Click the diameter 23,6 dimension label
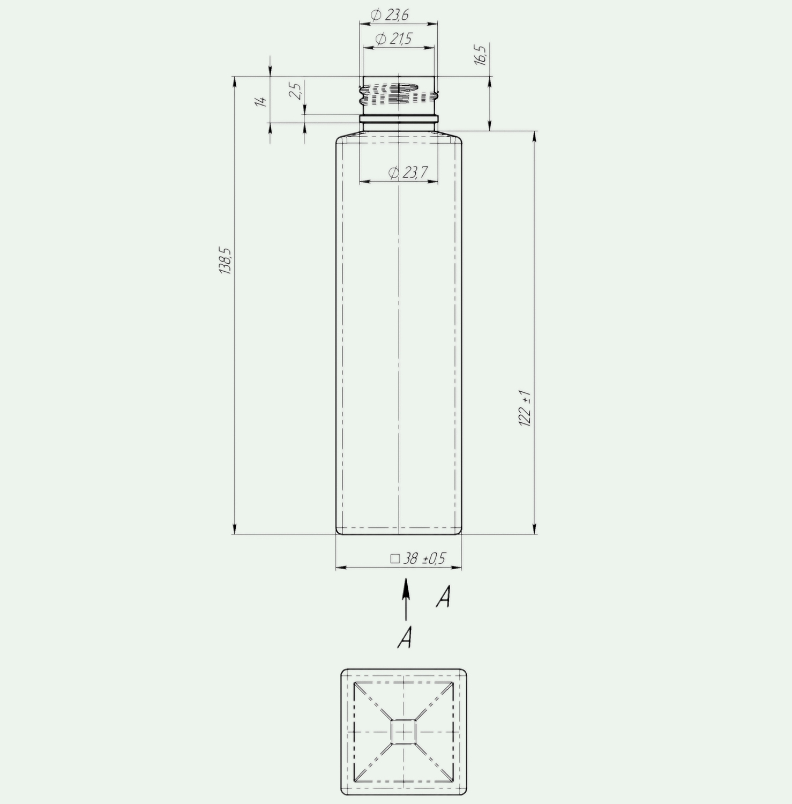click(390, 15)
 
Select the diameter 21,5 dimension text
click(394, 39)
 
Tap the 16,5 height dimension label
click(481, 55)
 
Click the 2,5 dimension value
click(296, 90)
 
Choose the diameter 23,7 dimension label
click(408, 172)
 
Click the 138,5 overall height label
click(225, 261)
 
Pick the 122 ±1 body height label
click(526, 408)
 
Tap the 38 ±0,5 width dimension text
click(424, 559)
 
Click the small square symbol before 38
click(395, 559)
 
